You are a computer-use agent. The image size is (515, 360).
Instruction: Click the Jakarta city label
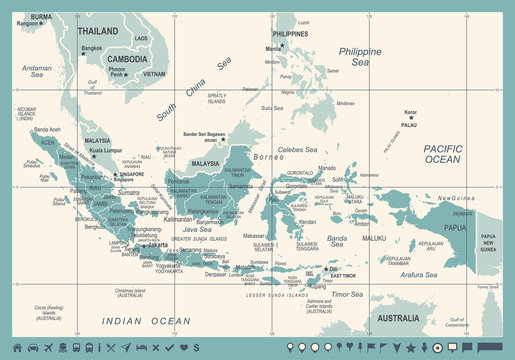pyautogui.click(x=157, y=243)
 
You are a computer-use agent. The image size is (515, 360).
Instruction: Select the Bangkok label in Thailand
pyautogui.click(x=91, y=47)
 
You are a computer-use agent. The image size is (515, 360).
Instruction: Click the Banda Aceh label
pyautogui.click(x=48, y=130)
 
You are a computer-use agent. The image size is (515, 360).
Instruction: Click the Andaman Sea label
pyautogui.click(x=37, y=71)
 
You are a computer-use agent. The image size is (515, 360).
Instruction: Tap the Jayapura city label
pyautogui.click(x=461, y=213)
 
